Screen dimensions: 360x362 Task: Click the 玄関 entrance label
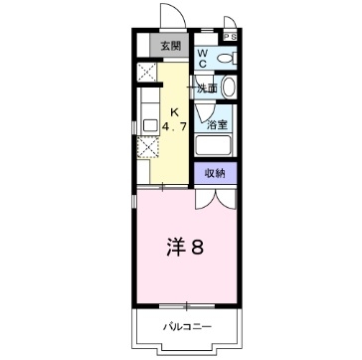(171, 46)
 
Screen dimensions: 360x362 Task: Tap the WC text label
(202, 59)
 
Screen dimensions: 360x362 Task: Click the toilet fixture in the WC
(224, 59)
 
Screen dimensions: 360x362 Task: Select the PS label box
(230, 37)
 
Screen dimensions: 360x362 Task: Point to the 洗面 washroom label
(207, 89)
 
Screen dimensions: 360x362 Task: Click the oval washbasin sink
(230, 89)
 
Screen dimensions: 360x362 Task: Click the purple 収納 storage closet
(216, 173)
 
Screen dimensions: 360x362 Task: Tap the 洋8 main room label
(185, 245)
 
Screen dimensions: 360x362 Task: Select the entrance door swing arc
(169, 19)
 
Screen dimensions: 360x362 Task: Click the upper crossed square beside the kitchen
(146, 73)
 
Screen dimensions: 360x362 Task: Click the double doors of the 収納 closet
(216, 195)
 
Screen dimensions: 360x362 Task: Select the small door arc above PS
(231, 23)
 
